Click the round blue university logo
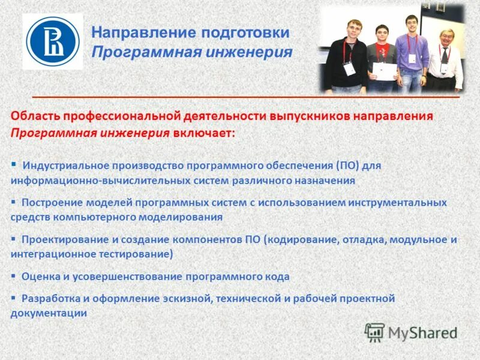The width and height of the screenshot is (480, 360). pos(52,41)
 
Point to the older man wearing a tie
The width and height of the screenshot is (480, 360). pos(445,60)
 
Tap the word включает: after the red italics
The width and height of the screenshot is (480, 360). pos(205,133)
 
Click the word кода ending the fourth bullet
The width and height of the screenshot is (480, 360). pos(277,277)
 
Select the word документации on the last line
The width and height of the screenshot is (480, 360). pos(49,313)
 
